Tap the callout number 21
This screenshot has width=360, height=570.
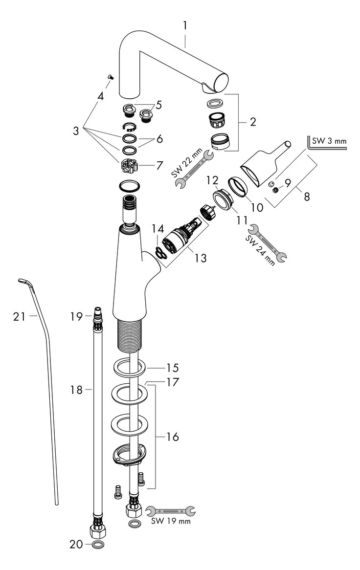pyautogui.click(x=19, y=317)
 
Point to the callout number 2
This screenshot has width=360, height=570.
pyautogui.click(x=252, y=122)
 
